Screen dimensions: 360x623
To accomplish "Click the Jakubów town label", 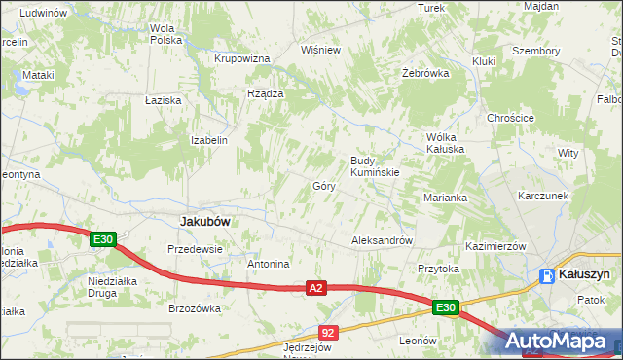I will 205,221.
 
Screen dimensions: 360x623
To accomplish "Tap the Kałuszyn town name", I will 584,275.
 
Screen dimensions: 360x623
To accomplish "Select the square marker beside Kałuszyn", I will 546,276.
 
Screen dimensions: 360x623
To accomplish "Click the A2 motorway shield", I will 314,288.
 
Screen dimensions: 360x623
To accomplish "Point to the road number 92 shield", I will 327,333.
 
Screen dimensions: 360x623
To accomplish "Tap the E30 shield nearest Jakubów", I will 104,239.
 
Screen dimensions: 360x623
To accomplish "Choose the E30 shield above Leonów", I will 446,308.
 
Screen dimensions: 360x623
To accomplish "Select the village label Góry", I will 324,185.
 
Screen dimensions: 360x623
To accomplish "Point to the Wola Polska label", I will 166,34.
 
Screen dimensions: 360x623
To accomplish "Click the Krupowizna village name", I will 241,58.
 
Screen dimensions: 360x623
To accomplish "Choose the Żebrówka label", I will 425,73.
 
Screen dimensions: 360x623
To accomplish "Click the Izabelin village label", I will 209,140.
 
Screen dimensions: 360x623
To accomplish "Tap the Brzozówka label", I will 196,308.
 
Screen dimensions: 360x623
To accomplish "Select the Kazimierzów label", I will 495,247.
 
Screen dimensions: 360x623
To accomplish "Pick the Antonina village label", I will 269,264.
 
